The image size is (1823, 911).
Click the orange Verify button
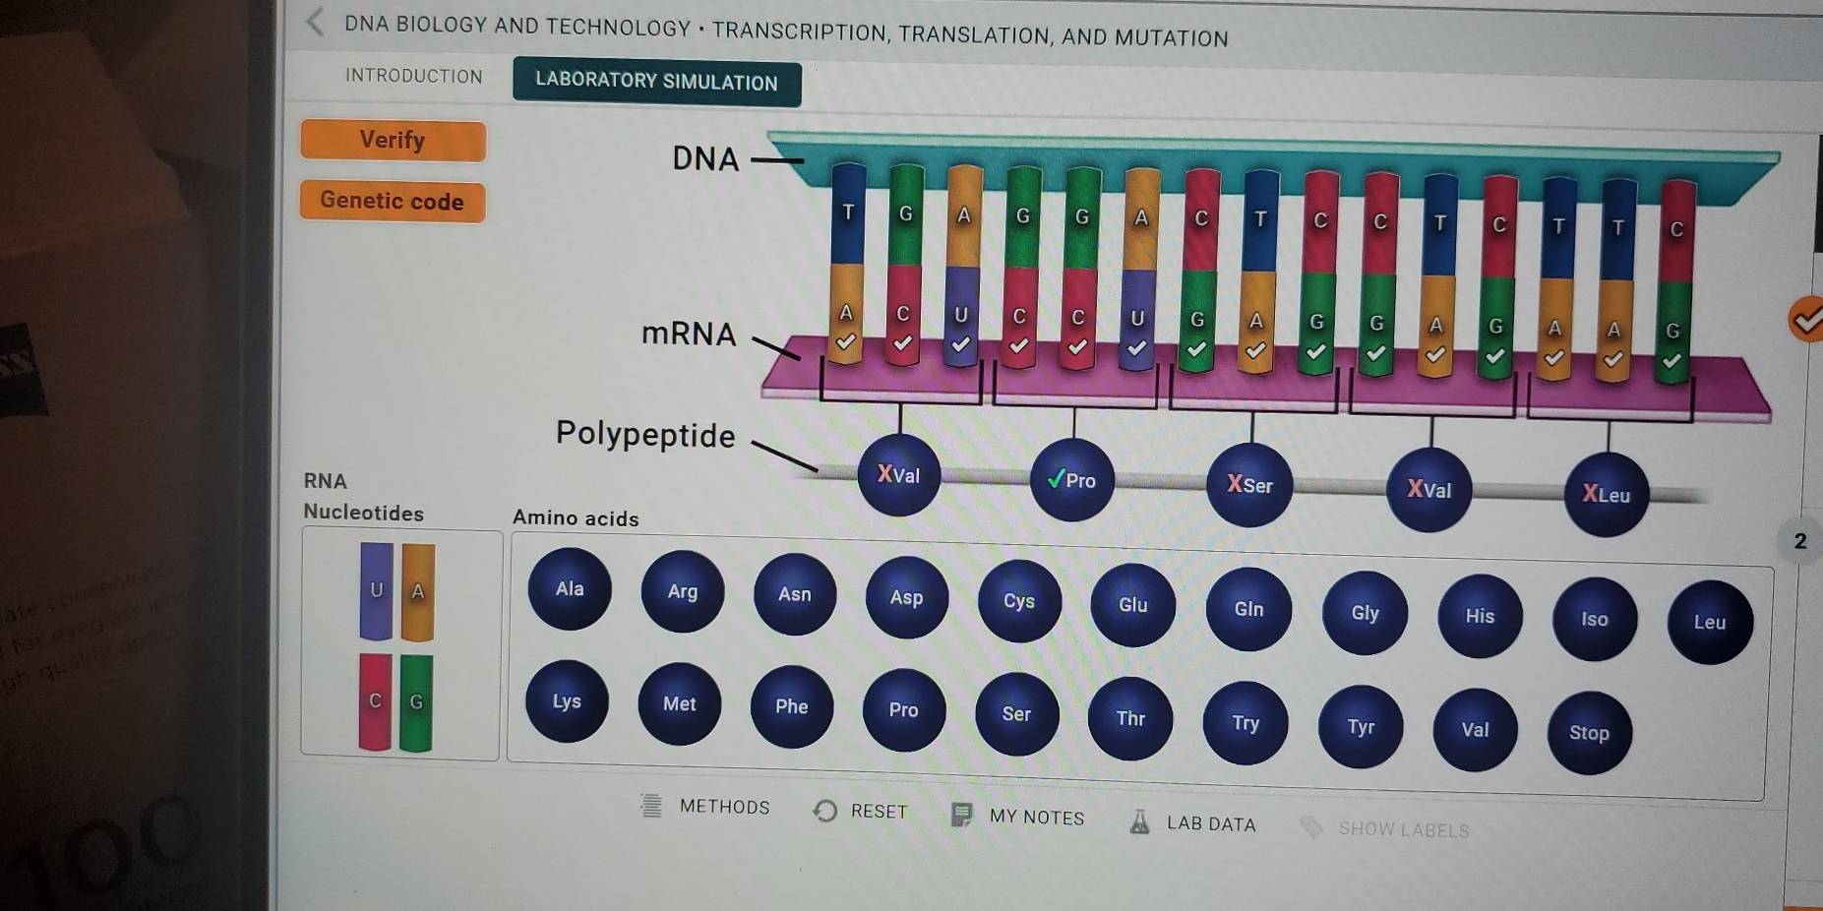coord(393,141)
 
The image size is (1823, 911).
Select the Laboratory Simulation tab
coord(656,82)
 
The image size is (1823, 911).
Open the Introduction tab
coord(414,77)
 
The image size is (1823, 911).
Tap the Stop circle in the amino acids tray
coord(1589,733)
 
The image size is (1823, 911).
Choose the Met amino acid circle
coord(679,704)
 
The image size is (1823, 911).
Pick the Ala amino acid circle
coord(570,589)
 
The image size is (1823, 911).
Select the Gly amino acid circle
coord(1365,613)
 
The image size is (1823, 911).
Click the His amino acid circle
coord(1480,617)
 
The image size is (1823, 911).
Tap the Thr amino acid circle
coord(1130,719)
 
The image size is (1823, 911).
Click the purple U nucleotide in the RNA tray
coord(376,591)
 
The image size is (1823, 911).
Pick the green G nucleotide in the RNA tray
coord(416,702)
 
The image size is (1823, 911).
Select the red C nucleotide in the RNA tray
coord(375,701)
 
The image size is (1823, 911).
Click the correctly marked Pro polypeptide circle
coord(1072,480)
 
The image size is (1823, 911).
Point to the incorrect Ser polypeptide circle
coord(1249,485)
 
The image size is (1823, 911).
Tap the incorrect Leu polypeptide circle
coord(1606,495)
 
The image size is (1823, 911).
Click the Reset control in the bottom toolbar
coord(861,812)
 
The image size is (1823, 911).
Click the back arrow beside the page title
coord(315,22)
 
